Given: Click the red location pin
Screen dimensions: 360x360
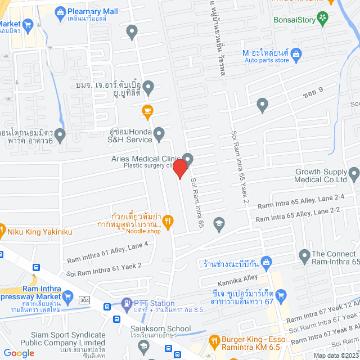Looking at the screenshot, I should point(179,169).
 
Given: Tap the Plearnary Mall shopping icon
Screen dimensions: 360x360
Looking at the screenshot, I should point(60,11).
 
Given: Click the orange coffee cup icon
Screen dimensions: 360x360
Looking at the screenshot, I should point(147,110).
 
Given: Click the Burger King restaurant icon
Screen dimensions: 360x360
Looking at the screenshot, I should point(214,340).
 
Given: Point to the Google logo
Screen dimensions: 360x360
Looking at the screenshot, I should point(19,353).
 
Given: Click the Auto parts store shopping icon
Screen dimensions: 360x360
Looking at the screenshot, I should point(297,54).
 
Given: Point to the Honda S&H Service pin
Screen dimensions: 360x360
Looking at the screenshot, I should point(159,134).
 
